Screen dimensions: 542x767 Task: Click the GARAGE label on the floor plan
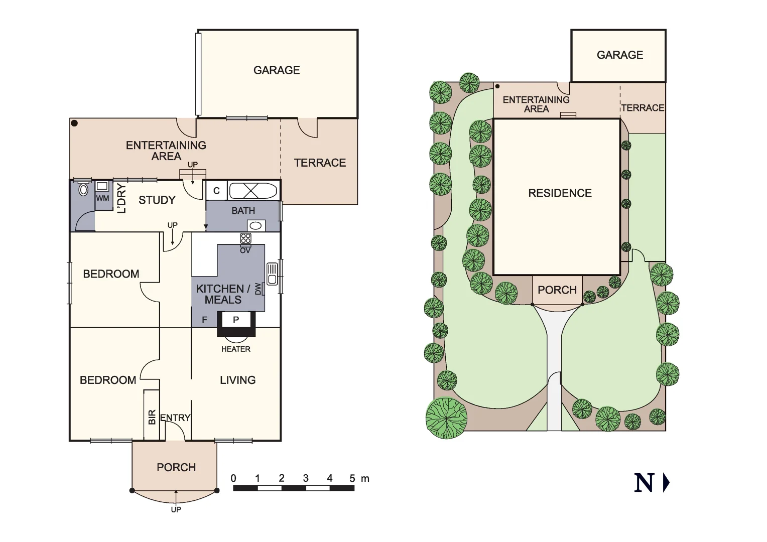[277, 70]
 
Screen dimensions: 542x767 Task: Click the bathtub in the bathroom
[252, 191]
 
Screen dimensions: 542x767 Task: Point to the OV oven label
[245, 250]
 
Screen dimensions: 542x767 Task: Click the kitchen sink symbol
[272, 274]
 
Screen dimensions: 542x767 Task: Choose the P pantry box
[236, 320]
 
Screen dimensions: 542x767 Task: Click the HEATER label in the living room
[235, 349]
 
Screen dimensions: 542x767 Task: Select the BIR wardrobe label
[152, 418]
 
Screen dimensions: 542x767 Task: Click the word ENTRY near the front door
[175, 418]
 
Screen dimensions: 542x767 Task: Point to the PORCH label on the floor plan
[176, 467]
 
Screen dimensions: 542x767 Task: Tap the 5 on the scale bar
[352, 478]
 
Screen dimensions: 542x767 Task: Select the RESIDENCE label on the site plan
[560, 193]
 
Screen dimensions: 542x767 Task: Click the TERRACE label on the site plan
[643, 108]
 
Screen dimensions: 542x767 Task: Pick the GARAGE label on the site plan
[619, 55]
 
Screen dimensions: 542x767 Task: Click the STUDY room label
[157, 200]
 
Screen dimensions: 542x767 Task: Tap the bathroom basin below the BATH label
[255, 225]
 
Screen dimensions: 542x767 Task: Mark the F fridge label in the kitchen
[204, 320]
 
